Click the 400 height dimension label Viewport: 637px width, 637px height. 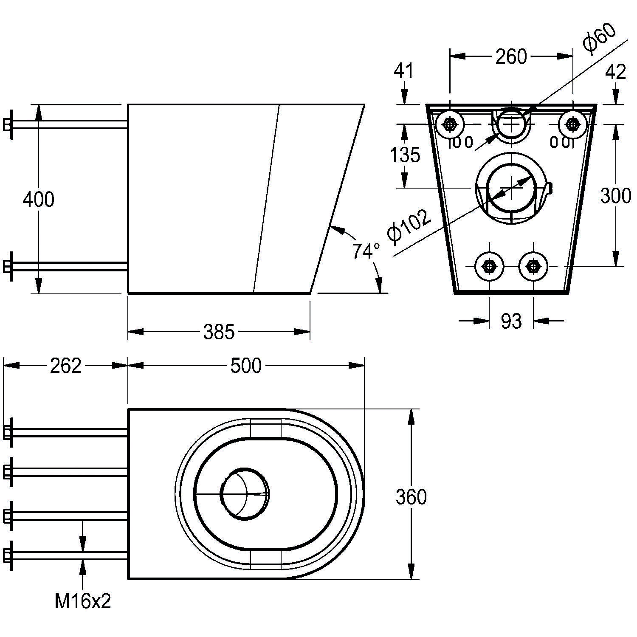38,200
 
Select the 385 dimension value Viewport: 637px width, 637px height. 219,332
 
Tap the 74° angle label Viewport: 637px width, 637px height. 366,251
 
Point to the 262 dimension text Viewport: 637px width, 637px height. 65,366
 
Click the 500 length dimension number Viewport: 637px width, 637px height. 246,366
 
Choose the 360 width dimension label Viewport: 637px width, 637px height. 411,497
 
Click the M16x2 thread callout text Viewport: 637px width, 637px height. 83,601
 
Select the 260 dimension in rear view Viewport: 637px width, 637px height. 511,56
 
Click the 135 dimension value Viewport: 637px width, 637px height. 405,155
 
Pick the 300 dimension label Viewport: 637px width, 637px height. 615,196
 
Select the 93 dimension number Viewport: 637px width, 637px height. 511,321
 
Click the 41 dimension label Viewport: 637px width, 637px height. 403,70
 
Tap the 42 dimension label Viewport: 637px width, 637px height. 615,72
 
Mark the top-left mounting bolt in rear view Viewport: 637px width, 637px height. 449,124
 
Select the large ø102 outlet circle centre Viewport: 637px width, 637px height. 511,188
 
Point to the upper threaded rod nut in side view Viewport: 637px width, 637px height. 8,124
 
